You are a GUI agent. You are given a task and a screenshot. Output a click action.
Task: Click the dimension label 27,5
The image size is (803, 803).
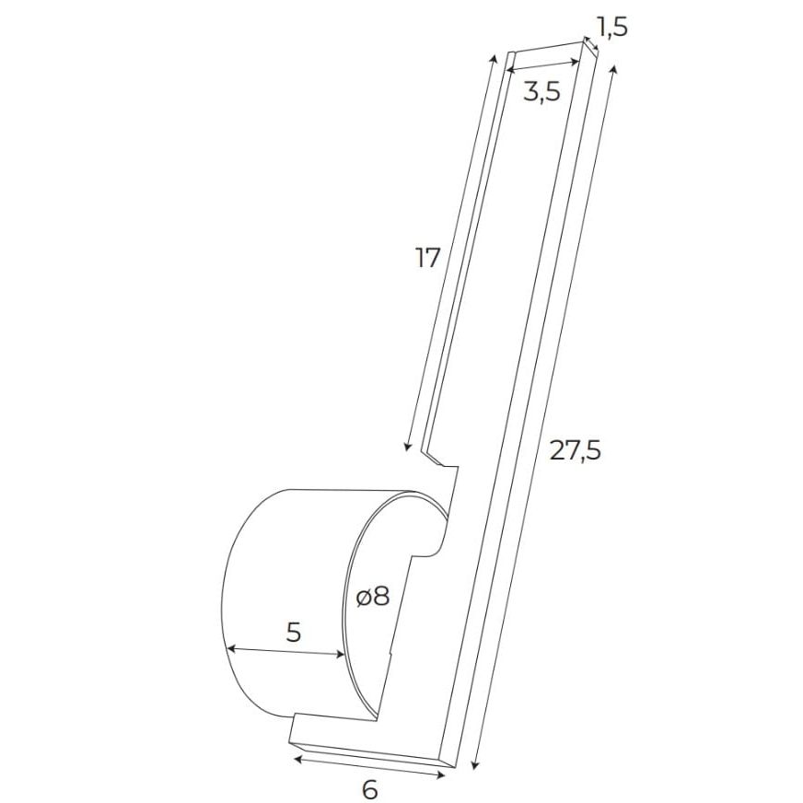pos(575,450)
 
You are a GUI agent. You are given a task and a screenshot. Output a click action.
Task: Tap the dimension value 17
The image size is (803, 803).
pos(427,258)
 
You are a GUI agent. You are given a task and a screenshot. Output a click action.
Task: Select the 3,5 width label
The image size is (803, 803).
pos(541,92)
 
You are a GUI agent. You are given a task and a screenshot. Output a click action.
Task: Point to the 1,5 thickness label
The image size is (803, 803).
pos(611,27)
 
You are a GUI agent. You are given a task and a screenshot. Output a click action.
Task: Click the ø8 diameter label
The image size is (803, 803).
pos(373,596)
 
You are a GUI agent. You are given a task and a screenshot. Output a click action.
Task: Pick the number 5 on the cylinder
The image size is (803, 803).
pos(294,633)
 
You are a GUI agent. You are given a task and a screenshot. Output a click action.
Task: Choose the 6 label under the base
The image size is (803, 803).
pos(370,789)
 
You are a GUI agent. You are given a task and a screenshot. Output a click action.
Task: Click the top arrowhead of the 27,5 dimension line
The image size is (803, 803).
pos(614,69)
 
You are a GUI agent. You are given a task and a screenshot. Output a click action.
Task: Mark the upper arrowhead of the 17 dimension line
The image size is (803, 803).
pos(495,58)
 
